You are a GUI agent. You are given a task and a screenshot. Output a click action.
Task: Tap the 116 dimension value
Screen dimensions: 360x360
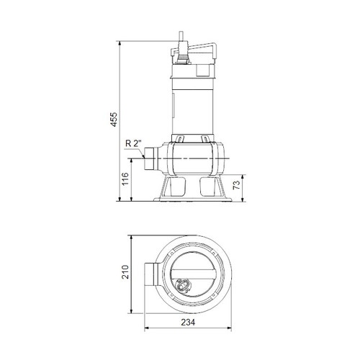(124, 186)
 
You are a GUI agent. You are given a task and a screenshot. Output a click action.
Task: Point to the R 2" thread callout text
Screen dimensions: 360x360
(132, 143)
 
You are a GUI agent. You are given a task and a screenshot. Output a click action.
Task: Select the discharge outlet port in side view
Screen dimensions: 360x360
(152, 158)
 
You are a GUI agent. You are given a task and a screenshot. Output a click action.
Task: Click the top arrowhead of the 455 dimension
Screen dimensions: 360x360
(120, 41)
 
